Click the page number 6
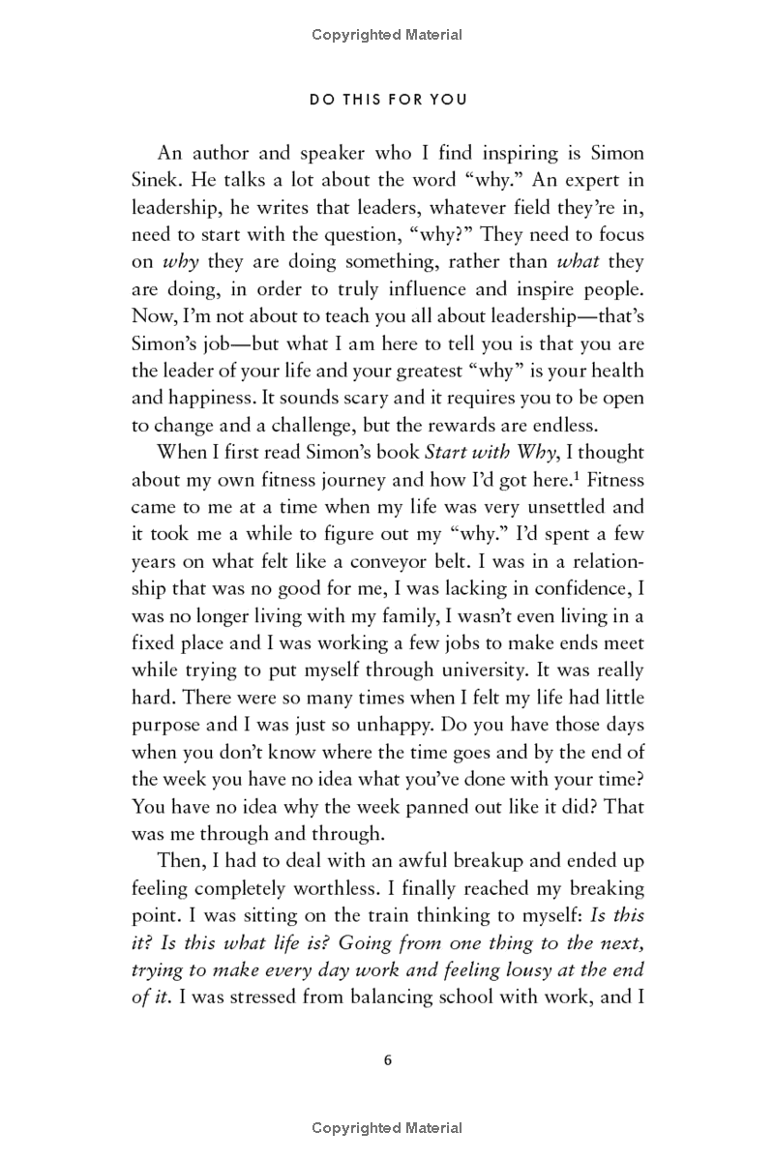point(387,1059)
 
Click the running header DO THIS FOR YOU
point(387,100)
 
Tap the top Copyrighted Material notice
point(387,35)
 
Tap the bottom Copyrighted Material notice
point(387,1128)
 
